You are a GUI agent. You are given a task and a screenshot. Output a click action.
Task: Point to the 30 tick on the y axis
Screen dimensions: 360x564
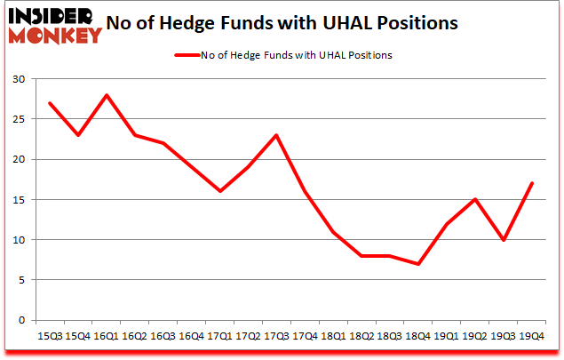pos(19,79)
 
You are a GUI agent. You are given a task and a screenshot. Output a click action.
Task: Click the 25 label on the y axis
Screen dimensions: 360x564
pos(19,119)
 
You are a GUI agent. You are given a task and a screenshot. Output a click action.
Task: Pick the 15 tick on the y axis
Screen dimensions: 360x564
pos(19,199)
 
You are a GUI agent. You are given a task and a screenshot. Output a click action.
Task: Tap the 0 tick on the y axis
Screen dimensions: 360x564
pos(22,320)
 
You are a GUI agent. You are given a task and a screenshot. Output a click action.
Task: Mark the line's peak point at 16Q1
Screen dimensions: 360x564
pos(107,95)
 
